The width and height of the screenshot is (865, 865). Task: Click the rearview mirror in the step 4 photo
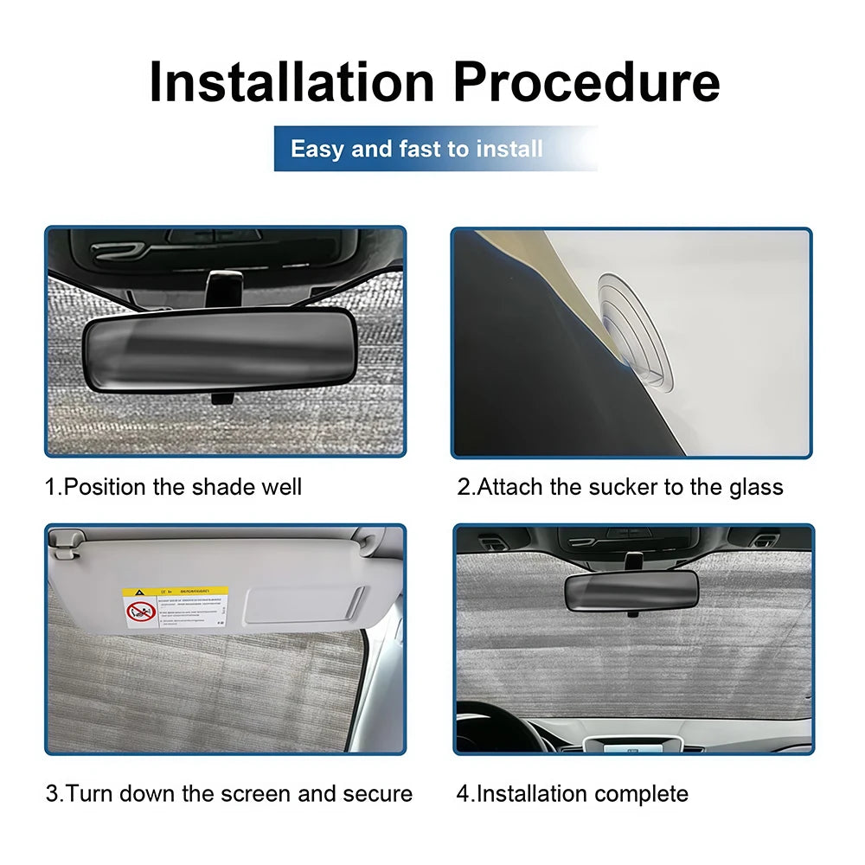[x=631, y=591]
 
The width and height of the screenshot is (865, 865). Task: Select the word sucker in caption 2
[x=623, y=487]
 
